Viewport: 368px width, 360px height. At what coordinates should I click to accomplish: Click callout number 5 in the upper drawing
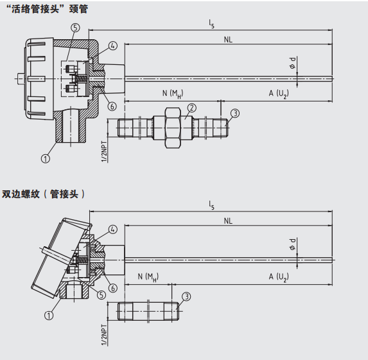point(75,28)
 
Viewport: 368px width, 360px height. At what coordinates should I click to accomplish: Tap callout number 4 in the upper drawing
point(113,46)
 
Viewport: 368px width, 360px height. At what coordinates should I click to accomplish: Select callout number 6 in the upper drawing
point(112,106)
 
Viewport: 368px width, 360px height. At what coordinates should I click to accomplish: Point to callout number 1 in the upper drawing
point(46,159)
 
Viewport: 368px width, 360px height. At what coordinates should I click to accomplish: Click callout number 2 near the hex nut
point(192,108)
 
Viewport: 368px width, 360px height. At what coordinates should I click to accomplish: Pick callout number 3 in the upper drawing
point(235,113)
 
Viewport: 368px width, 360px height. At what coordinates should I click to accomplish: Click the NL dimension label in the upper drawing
point(228,39)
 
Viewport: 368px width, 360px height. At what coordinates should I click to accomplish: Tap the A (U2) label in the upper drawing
point(279,93)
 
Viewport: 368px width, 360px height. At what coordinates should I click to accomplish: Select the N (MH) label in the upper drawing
point(173,93)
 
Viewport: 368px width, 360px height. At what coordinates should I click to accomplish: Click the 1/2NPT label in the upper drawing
point(104,151)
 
